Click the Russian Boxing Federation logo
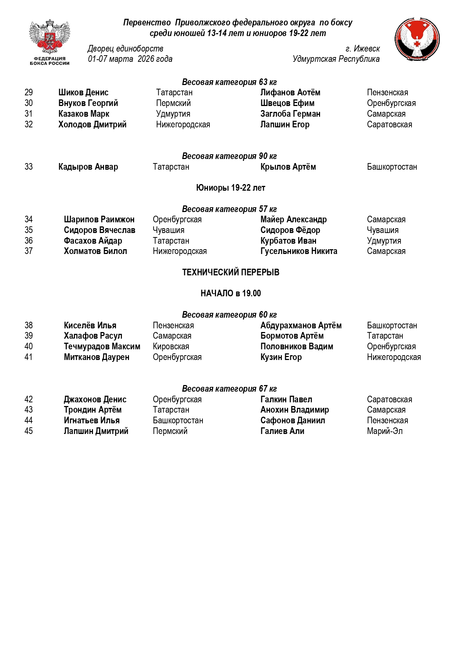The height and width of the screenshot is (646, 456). [50, 42]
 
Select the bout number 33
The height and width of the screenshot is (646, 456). [29, 167]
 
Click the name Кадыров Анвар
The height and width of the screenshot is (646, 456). [88, 167]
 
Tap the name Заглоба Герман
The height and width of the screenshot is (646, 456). [290, 114]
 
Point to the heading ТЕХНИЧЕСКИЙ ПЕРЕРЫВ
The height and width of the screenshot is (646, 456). [230, 272]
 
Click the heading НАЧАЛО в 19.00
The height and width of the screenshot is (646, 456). [230, 293]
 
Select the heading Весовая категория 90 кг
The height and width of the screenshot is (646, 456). [229, 156]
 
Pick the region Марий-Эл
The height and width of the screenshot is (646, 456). [385, 431]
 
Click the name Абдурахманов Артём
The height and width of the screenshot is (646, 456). [301, 325]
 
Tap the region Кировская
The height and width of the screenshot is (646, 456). [171, 346]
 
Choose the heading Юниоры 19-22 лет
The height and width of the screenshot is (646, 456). [230, 188]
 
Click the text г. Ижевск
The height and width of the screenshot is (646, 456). [362, 49]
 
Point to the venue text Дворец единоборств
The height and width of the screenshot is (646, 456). [125, 49]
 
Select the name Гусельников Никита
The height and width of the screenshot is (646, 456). [299, 251]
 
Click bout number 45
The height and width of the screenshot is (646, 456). [29, 431]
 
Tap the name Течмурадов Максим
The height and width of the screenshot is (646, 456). [102, 346]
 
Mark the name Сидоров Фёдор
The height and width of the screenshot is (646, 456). [290, 230]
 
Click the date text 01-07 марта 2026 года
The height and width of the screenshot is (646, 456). [130, 59]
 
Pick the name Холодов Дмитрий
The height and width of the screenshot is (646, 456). [92, 124]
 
